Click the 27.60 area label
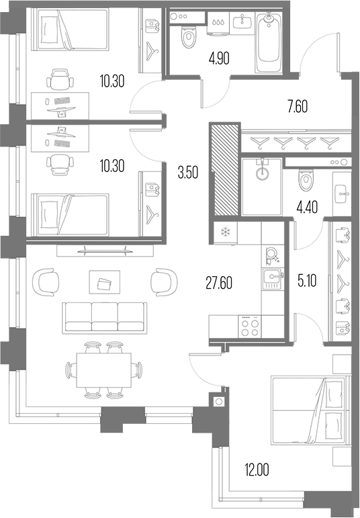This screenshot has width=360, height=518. [x=219, y=283]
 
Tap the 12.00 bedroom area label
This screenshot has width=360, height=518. [x=257, y=470]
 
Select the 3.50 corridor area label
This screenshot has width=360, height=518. [x=188, y=173]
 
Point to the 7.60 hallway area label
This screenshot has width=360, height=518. [x=298, y=107]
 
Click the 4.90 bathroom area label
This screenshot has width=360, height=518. [x=219, y=58]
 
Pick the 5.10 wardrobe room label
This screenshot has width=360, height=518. [x=307, y=281]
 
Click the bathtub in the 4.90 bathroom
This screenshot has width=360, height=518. [x=269, y=40]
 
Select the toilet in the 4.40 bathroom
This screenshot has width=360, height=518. [x=306, y=180]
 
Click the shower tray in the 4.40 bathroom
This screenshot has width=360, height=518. [x=261, y=187]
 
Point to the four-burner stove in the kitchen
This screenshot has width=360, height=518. [x=250, y=326]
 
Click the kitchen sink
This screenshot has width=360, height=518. [x=273, y=279]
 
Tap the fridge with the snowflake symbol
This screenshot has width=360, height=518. [x=225, y=233]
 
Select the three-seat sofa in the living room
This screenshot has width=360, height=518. [x=105, y=316]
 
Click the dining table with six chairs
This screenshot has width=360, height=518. [x=103, y=370]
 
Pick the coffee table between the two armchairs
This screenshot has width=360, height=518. [x=104, y=282]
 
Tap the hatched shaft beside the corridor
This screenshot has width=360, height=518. [x=224, y=169]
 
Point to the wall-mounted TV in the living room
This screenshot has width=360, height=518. [x=104, y=251]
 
